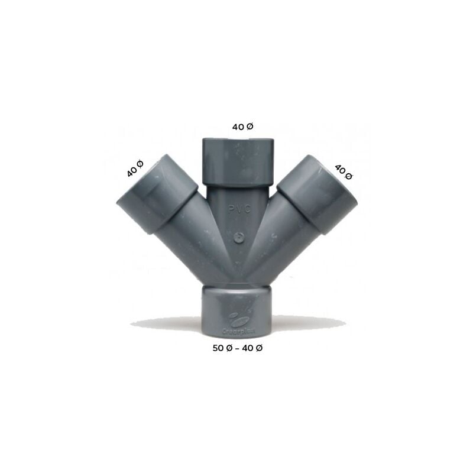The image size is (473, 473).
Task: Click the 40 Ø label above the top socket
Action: (242, 127)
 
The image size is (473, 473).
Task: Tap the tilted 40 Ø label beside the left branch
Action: (135, 169)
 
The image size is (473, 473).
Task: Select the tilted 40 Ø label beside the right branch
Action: (343, 171)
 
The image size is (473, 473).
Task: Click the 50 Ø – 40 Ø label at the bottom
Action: (238, 348)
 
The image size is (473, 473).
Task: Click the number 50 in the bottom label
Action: (218, 348)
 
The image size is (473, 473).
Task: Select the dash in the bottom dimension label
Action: (238, 348)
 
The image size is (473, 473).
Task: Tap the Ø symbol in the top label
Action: (250, 127)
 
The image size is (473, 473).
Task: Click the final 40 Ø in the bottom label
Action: (252, 348)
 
